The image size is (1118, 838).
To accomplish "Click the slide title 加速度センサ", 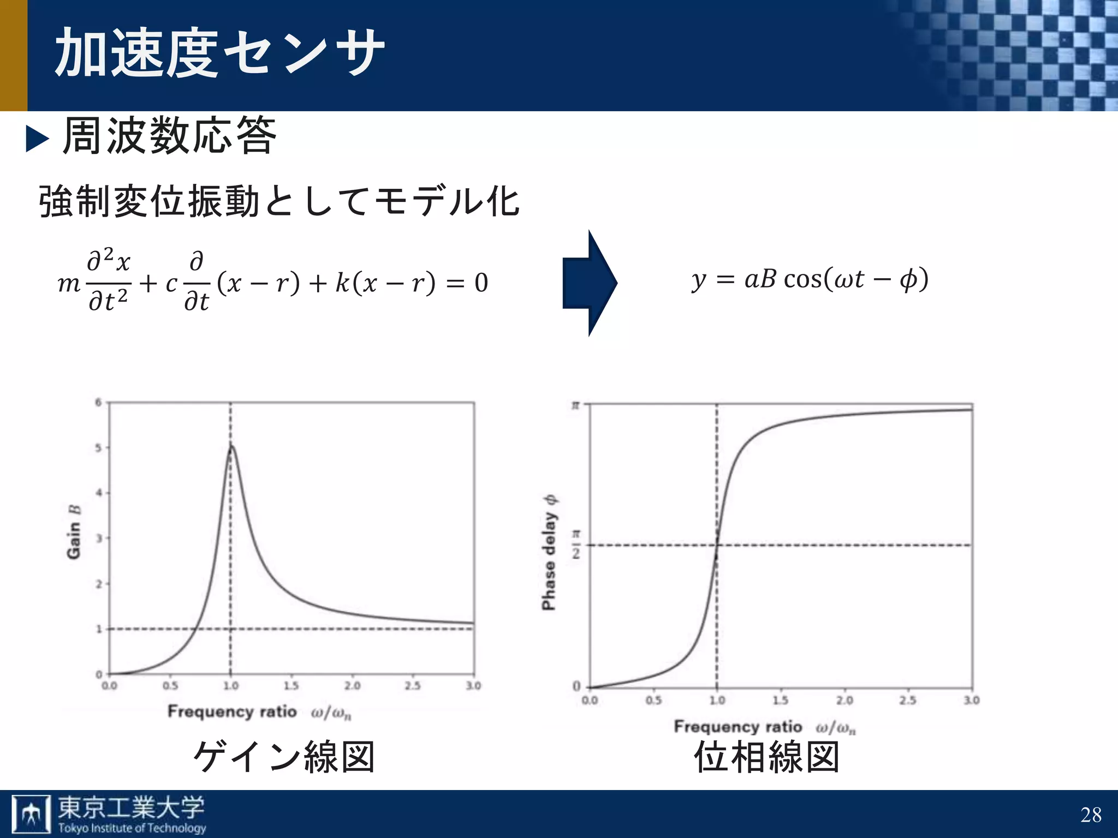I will (219, 53).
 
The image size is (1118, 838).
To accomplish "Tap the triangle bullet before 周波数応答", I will (38, 139).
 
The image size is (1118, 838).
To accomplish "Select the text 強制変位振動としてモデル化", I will (278, 202).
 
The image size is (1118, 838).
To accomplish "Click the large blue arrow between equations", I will (590, 283).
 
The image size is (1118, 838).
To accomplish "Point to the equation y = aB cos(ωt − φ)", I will (810, 280).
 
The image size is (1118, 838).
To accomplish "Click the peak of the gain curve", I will (231, 446).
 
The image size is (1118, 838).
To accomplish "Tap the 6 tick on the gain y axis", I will (99, 403).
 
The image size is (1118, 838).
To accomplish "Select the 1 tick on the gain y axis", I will (99, 629).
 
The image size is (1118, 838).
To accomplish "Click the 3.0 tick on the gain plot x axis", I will (473, 686).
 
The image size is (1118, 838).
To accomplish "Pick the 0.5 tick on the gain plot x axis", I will (170, 686).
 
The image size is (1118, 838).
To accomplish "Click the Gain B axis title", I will (74, 532).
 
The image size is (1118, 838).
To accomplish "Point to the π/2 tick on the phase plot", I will (576, 544).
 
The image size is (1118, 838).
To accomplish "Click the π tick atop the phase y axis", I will (575, 405).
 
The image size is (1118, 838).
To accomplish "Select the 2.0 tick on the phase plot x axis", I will (845, 700).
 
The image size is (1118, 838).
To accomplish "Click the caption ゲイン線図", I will (284, 757).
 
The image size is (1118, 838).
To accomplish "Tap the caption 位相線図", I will (766, 757).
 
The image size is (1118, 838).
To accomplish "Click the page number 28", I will (1091, 815).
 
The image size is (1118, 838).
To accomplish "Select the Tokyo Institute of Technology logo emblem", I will (31, 814).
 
